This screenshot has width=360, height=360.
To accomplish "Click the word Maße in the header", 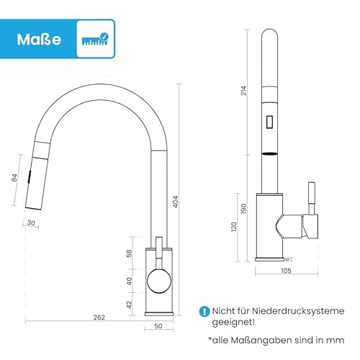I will [36, 37].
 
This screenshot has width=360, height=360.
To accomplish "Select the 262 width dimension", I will [99, 318].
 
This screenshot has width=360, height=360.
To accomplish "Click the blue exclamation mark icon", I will [204, 311].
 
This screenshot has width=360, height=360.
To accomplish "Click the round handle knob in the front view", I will [158, 281].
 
